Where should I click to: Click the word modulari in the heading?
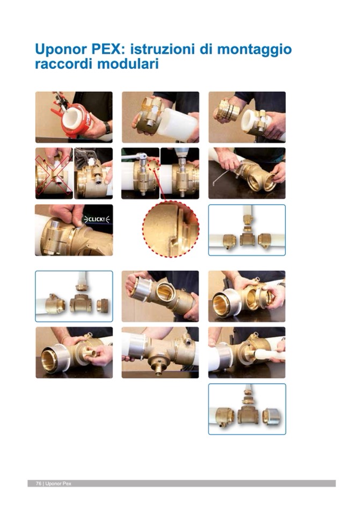pos(128,64)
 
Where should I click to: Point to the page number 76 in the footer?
pos(39,483)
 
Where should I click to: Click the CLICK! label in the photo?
pos(97,219)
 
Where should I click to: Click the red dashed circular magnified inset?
pos(171,229)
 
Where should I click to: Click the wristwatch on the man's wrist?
pos(107,127)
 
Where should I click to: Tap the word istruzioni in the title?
pos(162,49)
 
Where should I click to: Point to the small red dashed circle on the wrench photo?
pos(154,164)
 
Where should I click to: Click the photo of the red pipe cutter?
pos(74,117)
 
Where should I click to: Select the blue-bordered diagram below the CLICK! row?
pos(74,296)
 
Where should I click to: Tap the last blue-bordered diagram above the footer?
pos(247,409)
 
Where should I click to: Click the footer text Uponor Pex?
pos(58,483)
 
